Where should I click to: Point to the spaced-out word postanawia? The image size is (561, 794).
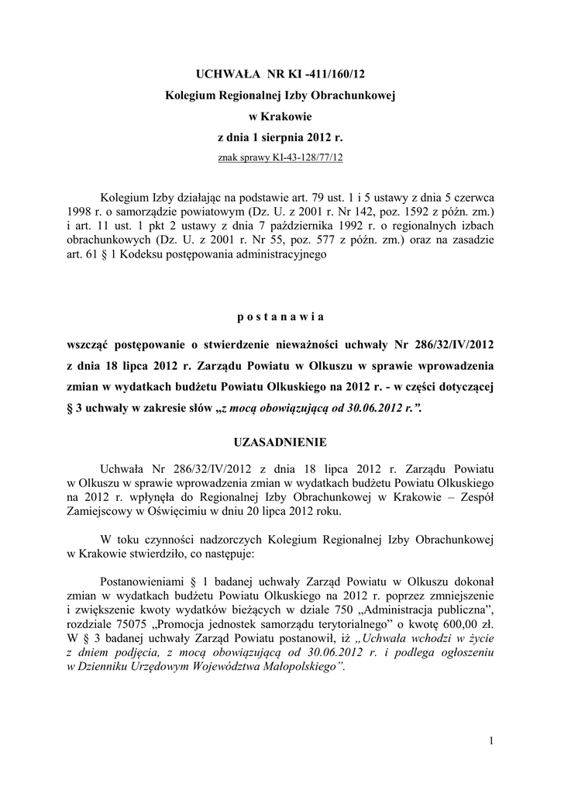pos(280,317)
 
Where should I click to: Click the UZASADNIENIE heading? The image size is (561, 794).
pos(280,443)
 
